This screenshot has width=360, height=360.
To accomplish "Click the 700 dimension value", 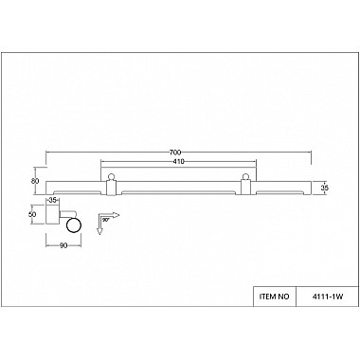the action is click(175, 153).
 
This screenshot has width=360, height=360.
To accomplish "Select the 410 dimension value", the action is click(178, 162).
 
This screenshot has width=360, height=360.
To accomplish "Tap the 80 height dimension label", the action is click(35, 181).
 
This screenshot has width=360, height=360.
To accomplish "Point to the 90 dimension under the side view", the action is click(63, 245).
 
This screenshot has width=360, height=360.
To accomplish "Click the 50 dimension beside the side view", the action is click(32, 214).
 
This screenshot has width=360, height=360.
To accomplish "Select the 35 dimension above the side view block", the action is click(53, 200).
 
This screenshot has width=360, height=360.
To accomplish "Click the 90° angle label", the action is click(105, 219).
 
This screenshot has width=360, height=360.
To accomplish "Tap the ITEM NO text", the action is click(274, 297).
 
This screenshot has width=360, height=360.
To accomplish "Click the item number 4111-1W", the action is click(327, 297).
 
